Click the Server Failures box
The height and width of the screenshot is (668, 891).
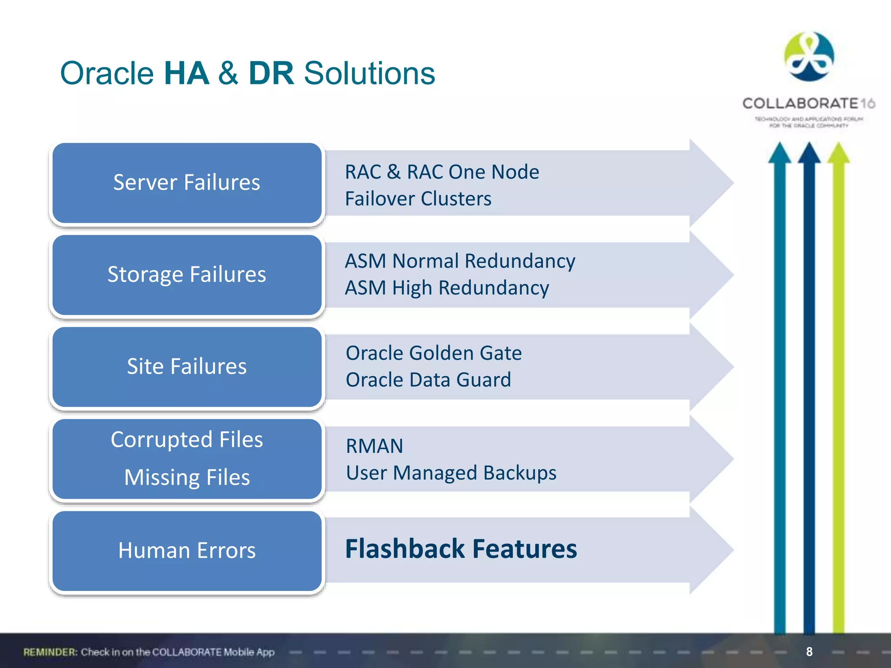187,183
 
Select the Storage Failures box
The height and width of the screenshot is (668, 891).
187,275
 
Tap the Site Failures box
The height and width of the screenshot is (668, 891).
187,367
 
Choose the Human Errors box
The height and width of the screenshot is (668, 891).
187,551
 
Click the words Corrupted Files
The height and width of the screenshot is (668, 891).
187,439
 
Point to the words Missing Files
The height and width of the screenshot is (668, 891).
187,477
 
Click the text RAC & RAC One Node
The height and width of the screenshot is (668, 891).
442,172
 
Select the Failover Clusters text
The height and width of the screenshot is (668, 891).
418,199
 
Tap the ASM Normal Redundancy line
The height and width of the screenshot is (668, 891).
460,261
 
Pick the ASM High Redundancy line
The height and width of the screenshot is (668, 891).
447,288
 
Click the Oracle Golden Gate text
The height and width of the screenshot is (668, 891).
433,353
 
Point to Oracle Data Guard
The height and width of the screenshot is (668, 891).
428,380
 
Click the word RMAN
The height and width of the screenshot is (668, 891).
374,446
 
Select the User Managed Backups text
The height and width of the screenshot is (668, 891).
451,473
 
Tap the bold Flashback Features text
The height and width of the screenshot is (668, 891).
461,549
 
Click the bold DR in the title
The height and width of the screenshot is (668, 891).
271,73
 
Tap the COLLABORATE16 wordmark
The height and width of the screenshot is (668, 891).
808,104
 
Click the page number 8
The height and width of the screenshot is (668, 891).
809,651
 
